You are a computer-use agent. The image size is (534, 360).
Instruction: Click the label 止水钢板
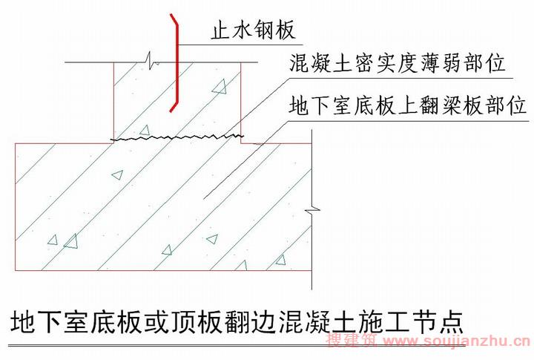click(253, 30)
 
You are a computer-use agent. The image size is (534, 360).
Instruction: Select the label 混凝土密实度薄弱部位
click(397, 63)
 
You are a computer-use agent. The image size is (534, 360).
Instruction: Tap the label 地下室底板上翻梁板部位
click(408, 105)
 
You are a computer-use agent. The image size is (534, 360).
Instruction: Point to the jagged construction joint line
click(177, 137)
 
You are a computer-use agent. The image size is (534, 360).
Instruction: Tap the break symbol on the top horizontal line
click(152, 60)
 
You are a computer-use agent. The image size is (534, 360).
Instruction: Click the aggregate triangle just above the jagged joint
click(145, 130)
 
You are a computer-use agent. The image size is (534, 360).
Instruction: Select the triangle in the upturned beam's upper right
click(220, 87)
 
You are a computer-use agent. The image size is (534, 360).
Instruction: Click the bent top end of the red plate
click(171, 15)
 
